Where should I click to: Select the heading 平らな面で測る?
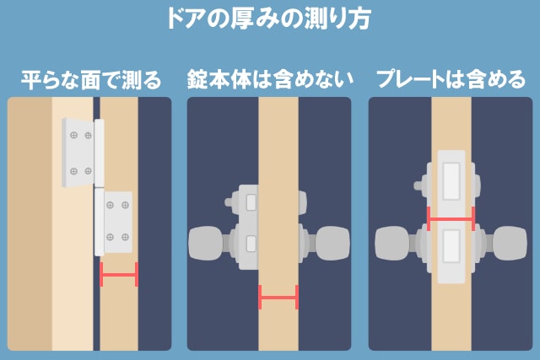[90, 80]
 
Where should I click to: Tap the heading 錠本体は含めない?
[269, 80]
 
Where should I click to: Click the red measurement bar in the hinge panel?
[118, 274]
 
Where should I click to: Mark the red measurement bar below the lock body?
[278, 297]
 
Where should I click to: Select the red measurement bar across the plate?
[451, 218]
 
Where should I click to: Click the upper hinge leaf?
[80, 152]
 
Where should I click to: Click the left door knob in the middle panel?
[208, 244]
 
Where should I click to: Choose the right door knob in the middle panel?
[332, 244]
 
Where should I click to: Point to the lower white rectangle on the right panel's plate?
[451, 254]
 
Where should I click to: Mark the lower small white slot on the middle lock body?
[250, 244]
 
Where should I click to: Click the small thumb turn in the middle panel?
[230, 202]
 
